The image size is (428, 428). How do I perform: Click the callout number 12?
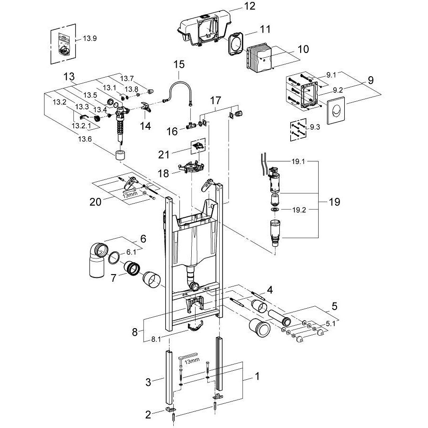point(249,6)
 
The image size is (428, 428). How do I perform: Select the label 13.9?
point(90,38)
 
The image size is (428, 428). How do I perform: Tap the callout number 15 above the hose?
point(179,65)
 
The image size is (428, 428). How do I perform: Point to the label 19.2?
point(299,210)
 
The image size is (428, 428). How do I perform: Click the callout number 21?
point(164,155)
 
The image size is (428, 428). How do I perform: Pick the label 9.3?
point(315,127)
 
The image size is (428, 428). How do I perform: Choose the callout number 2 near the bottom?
point(148,414)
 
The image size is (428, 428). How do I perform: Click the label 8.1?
point(156,339)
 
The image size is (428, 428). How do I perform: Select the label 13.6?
point(85,139)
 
